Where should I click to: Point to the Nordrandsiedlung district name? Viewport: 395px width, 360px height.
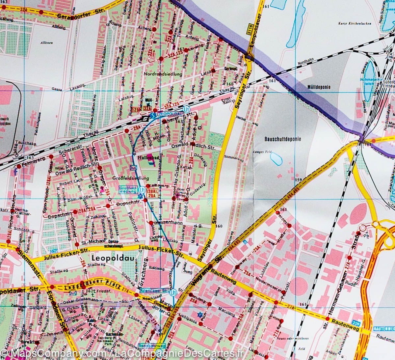pyautogui.click(x=163, y=74)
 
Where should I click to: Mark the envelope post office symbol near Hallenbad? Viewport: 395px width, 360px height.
pyautogui.click(x=133, y=168)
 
